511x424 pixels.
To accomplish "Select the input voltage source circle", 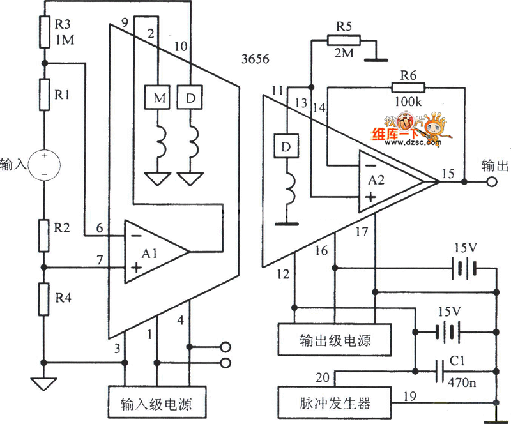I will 44,165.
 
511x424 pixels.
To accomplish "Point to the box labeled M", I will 155,97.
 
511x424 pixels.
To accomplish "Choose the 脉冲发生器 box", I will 324,404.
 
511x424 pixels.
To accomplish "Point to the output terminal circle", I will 491,183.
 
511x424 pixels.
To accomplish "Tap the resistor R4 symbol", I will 44,299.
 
